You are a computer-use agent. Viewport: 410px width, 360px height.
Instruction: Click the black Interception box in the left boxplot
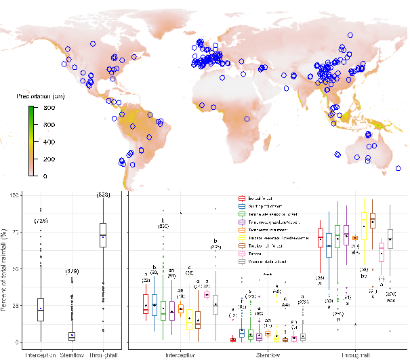41,309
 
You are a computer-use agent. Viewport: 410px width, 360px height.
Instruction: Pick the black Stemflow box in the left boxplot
72,336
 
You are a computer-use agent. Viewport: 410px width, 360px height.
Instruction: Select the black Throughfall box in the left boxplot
102,235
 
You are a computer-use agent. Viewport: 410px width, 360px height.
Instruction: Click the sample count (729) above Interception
41,221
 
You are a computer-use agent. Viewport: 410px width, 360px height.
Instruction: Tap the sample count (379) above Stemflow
72,271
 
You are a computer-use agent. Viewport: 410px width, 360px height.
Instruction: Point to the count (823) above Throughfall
103,195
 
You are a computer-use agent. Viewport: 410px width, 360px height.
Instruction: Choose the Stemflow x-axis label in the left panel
72,353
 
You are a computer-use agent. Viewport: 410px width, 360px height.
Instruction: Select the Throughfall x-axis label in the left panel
103,353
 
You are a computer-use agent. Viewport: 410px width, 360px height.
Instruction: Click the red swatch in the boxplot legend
242,198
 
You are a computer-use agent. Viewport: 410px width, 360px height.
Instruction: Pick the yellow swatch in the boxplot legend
242,239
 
